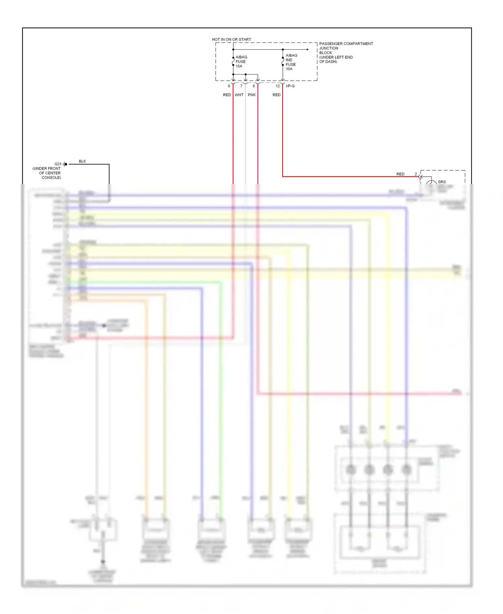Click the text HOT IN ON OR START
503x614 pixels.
pyautogui.click(x=231, y=39)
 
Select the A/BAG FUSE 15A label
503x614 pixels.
pyautogui.click(x=241, y=61)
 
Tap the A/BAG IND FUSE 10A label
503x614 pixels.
pyautogui.click(x=291, y=62)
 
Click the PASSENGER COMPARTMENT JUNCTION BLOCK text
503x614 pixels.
pyautogui.click(x=346, y=48)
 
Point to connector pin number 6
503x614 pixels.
pyautogui.click(x=229, y=86)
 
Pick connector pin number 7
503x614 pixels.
pyautogui.click(x=241, y=86)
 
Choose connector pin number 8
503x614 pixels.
pyautogui.click(x=254, y=86)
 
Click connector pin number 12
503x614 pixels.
pyautogui.click(x=278, y=86)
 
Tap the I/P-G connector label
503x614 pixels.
pyautogui.click(x=290, y=86)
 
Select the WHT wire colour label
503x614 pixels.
pyautogui.click(x=239, y=95)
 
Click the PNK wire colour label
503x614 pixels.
pyautogui.click(x=252, y=95)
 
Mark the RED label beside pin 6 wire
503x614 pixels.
pyautogui.click(x=227, y=95)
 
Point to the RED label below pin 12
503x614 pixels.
pyautogui.click(x=276, y=95)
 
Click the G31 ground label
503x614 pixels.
pyautogui.click(x=58, y=164)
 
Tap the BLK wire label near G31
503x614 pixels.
pyautogui.click(x=82, y=161)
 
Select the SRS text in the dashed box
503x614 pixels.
pyautogui.click(x=442, y=182)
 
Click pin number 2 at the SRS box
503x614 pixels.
pyautogui.click(x=416, y=174)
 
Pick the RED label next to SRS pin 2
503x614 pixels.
pyautogui.click(x=400, y=174)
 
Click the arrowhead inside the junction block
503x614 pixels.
pyautogui.click(x=307, y=50)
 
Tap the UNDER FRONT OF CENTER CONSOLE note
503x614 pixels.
pyautogui.click(x=47, y=173)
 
